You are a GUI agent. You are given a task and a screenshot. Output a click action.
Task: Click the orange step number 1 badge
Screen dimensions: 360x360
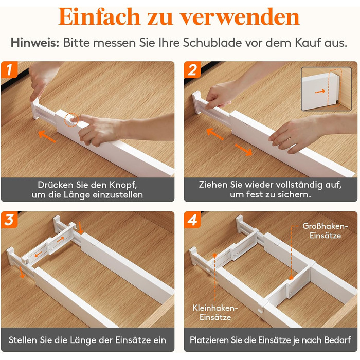(9, 69)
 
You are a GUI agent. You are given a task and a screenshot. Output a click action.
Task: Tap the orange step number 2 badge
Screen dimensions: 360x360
(192, 69)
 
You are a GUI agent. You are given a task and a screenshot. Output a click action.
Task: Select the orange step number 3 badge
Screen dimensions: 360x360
(9, 220)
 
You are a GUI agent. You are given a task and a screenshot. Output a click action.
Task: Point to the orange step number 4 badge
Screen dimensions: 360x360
(192, 220)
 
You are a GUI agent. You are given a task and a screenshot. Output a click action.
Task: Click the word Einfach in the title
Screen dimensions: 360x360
(99, 16)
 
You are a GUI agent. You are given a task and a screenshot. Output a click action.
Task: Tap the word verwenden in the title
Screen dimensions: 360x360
(240, 17)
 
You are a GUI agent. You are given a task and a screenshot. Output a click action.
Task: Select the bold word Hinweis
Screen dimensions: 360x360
(35, 43)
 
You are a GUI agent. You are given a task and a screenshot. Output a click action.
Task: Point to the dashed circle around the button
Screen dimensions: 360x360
(71, 119)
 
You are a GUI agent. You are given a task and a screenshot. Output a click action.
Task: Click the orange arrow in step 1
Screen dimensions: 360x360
(47, 137)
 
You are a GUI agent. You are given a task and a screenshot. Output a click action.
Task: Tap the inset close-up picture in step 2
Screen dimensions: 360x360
(326, 89)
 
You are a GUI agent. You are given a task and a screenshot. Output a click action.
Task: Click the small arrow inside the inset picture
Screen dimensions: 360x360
(320, 92)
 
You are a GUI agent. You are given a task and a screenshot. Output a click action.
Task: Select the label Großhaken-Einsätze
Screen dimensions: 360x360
(325, 231)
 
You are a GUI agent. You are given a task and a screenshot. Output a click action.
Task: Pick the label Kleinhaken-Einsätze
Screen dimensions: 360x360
(215, 313)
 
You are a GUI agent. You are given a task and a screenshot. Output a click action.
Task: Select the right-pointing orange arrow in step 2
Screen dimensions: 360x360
(243, 150)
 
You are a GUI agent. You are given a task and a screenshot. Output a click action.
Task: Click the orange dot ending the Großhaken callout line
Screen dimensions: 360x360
(291, 278)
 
